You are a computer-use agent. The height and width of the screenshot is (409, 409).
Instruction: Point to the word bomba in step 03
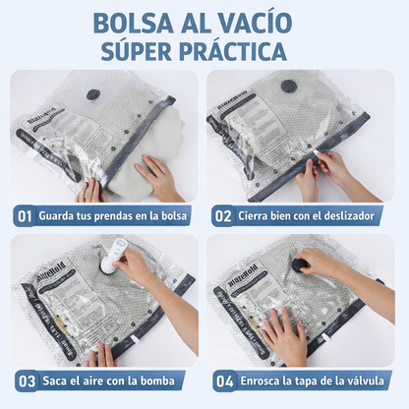(160, 380)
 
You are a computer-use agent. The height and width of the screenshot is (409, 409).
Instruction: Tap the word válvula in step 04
(366, 380)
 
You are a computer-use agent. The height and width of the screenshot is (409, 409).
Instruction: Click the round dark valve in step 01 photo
(93, 95)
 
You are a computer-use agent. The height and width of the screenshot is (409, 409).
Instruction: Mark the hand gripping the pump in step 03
(133, 265)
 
